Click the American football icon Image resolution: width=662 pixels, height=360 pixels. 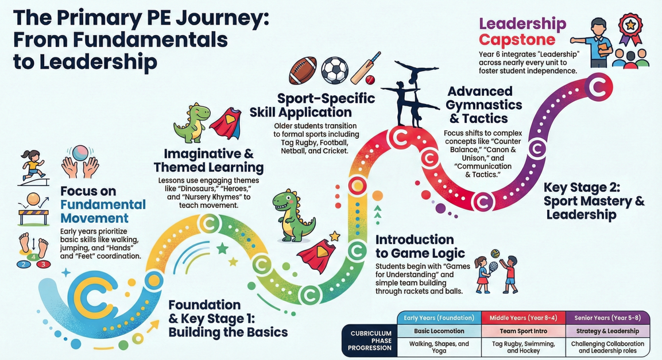pos(302,70)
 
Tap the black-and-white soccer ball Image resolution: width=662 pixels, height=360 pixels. pos(334,70)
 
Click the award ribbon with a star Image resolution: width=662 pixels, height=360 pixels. pos(630,29)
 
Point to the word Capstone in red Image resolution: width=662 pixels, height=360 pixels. pos(517,40)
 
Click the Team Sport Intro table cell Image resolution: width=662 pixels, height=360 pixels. pos(523,331)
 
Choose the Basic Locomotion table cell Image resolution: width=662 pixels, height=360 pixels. pos(439,331)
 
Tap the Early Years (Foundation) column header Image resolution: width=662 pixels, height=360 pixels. pos(439,318)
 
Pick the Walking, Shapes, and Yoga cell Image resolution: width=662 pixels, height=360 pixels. pos(439,347)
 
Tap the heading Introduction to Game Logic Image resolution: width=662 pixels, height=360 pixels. pos(420,246)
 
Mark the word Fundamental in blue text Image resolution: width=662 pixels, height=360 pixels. pos(103,204)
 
